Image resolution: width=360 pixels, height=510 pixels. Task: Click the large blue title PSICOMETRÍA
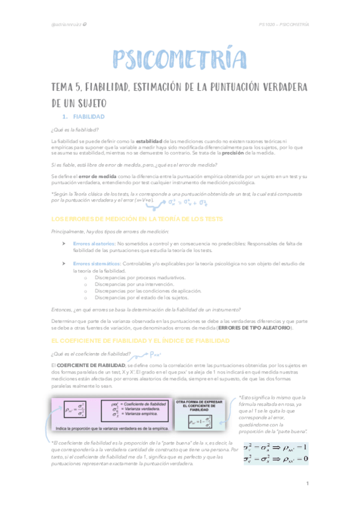click(x=180, y=60)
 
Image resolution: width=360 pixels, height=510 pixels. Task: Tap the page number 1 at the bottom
click(x=307, y=484)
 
